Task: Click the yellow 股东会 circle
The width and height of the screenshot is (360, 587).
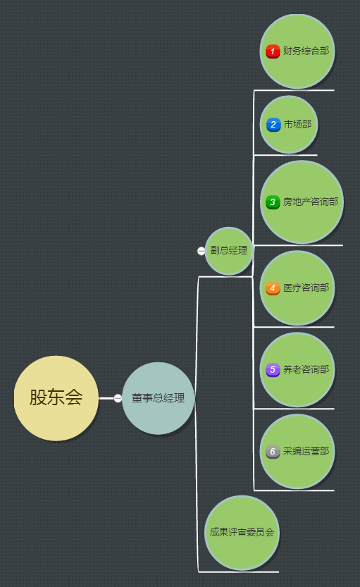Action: tap(56, 398)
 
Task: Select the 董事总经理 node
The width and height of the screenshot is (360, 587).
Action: tap(158, 398)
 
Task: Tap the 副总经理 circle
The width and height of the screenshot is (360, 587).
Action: tap(229, 251)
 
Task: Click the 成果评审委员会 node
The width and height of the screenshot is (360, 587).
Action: tap(242, 532)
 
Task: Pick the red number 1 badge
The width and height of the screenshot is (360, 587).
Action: tap(273, 51)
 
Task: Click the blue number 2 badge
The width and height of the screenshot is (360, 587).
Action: tap(273, 125)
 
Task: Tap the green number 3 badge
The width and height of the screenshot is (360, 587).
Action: tap(273, 202)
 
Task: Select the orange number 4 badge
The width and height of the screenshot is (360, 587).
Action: tap(273, 288)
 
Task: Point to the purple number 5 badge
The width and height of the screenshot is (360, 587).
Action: tap(273, 370)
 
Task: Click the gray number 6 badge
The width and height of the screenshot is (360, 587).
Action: tap(273, 452)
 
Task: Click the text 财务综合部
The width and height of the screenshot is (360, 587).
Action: tap(306, 51)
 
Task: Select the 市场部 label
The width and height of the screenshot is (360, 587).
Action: tap(297, 124)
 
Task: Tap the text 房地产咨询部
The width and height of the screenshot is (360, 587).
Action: tap(311, 202)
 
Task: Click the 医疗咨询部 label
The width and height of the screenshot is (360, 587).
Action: tap(306, 288)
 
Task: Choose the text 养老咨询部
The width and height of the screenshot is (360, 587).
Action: tap(306, 369)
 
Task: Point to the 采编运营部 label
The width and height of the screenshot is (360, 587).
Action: tap(306, 451)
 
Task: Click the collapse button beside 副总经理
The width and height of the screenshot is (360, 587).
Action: tap(201, 251)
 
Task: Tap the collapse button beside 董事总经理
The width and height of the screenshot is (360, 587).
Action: tap(118, 398)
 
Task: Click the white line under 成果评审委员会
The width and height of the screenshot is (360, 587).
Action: tap(238, 572)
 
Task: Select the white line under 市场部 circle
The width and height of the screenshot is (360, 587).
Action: tap(285, 155)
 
